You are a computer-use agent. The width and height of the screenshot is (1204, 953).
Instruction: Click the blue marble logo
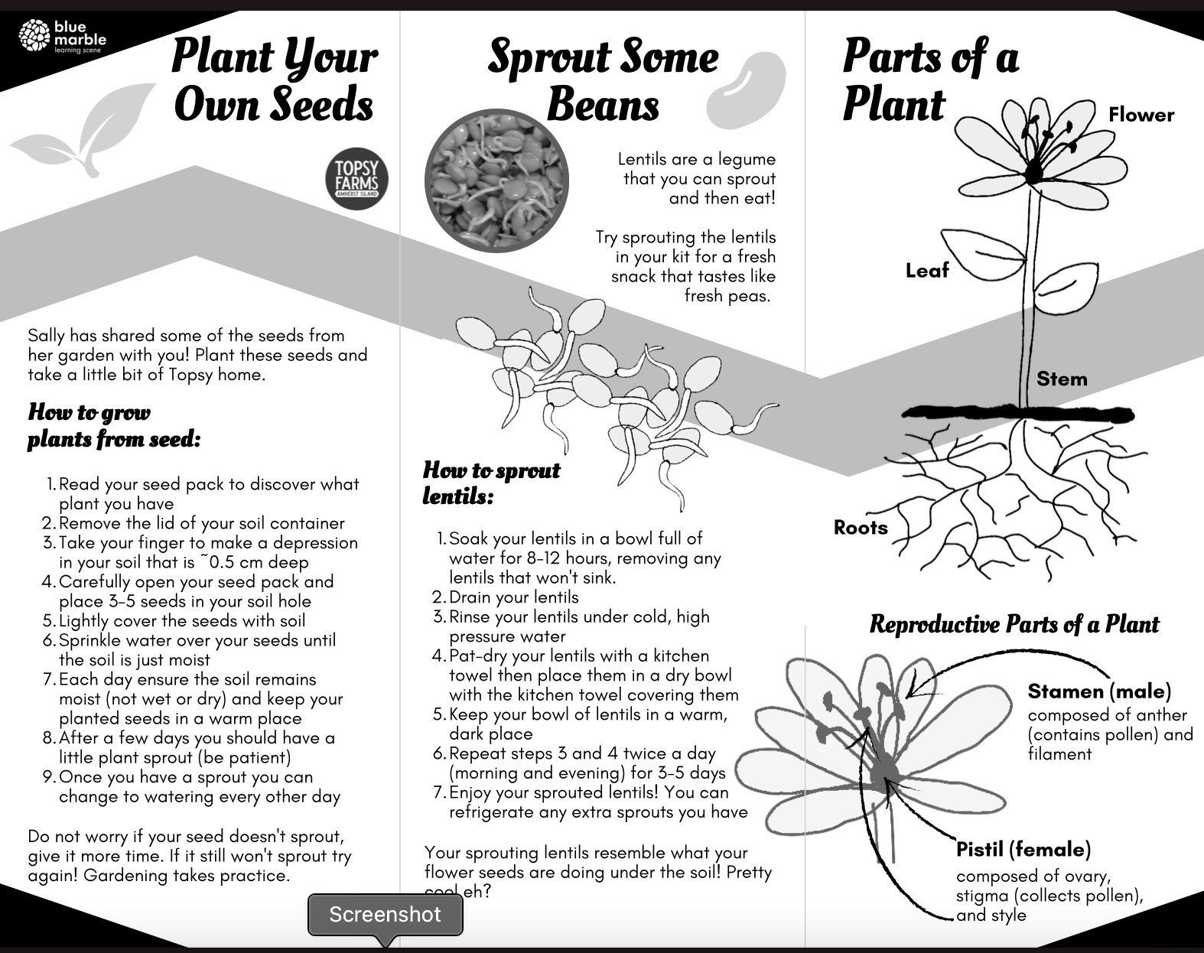click(x=63, y=37)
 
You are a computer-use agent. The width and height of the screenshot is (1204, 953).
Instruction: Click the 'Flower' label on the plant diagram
click(x=1141, y=115)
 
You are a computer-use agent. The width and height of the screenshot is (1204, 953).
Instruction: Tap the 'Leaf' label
click(x=926, y=270)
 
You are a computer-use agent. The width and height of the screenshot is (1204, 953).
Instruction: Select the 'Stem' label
click(x=1061, y=379)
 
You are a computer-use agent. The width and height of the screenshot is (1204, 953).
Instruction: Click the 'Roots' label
click(x=861, y=528)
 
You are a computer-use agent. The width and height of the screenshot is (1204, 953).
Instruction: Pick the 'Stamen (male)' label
click(x=1099, y=691)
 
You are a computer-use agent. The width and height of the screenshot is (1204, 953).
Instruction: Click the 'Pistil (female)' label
click(x=1023, y=849)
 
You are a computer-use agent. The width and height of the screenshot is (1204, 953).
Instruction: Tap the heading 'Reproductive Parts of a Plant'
click(x=1014, y=624)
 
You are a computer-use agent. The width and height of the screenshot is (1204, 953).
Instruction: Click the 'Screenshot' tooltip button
click(x=385, y=915)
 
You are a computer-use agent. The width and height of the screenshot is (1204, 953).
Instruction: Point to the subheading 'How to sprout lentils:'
click(x=491, y=483)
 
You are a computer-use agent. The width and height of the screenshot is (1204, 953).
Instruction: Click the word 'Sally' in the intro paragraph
click(x=47, y=335)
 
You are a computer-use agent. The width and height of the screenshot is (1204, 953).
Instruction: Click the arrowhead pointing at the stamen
click(x=913, y=688)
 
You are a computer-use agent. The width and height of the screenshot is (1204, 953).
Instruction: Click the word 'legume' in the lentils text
click(x=747, y=159)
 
